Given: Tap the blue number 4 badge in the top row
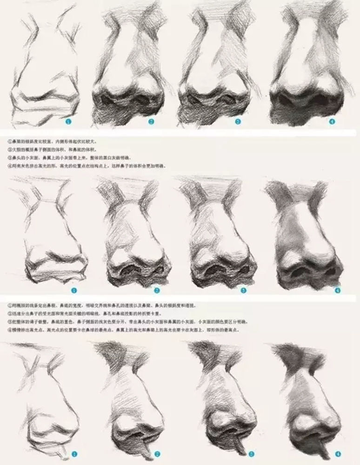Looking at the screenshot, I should [x=332, y=121].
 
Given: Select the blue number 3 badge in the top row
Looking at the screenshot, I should [x=238, y=122].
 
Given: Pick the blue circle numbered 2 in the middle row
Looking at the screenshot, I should [x=157, y=291].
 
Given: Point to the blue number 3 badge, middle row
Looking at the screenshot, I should [x=243, y=291].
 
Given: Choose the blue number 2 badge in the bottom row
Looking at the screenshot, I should [x=157, y=453].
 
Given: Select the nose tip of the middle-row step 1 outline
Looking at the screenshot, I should [x=55, y=253].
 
